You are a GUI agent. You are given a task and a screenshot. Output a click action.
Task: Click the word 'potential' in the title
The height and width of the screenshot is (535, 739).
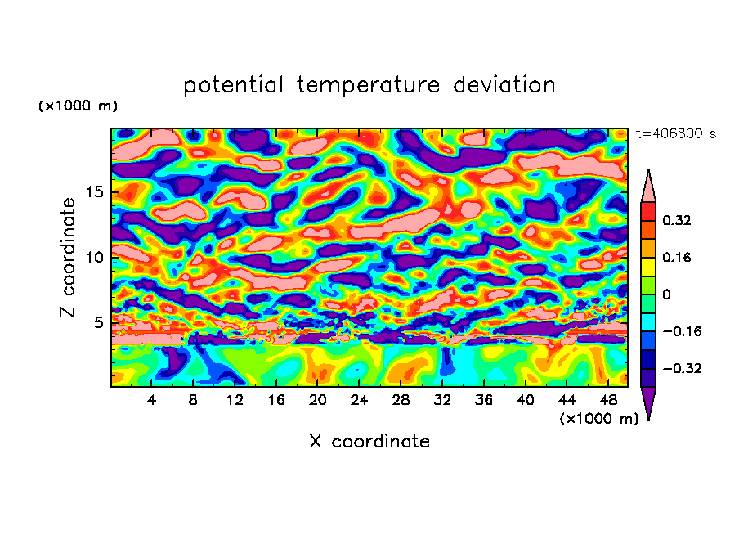point(235,85)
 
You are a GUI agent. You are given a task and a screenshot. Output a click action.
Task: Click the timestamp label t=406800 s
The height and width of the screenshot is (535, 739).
point(675,134)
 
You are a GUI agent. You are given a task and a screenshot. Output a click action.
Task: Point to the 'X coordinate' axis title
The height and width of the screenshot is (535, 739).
point(369,442)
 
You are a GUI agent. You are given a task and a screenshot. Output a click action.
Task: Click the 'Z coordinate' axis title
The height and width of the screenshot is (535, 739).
point(69,258)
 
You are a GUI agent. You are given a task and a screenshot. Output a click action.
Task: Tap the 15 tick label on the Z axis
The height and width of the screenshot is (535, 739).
point(93,193)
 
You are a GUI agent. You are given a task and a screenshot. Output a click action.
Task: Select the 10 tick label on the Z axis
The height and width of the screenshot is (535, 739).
point(93,258)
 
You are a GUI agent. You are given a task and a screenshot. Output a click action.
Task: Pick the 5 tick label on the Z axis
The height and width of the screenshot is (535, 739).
point(98,322)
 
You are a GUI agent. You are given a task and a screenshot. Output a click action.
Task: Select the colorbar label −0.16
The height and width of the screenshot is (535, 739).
point(681,331)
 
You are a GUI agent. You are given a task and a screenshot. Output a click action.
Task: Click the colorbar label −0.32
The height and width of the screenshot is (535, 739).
point(681,368)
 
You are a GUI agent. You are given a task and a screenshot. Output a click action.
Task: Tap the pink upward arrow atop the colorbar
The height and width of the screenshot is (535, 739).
point(648,187)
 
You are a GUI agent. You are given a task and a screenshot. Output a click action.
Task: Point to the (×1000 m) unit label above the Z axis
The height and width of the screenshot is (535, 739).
point(78,106)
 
